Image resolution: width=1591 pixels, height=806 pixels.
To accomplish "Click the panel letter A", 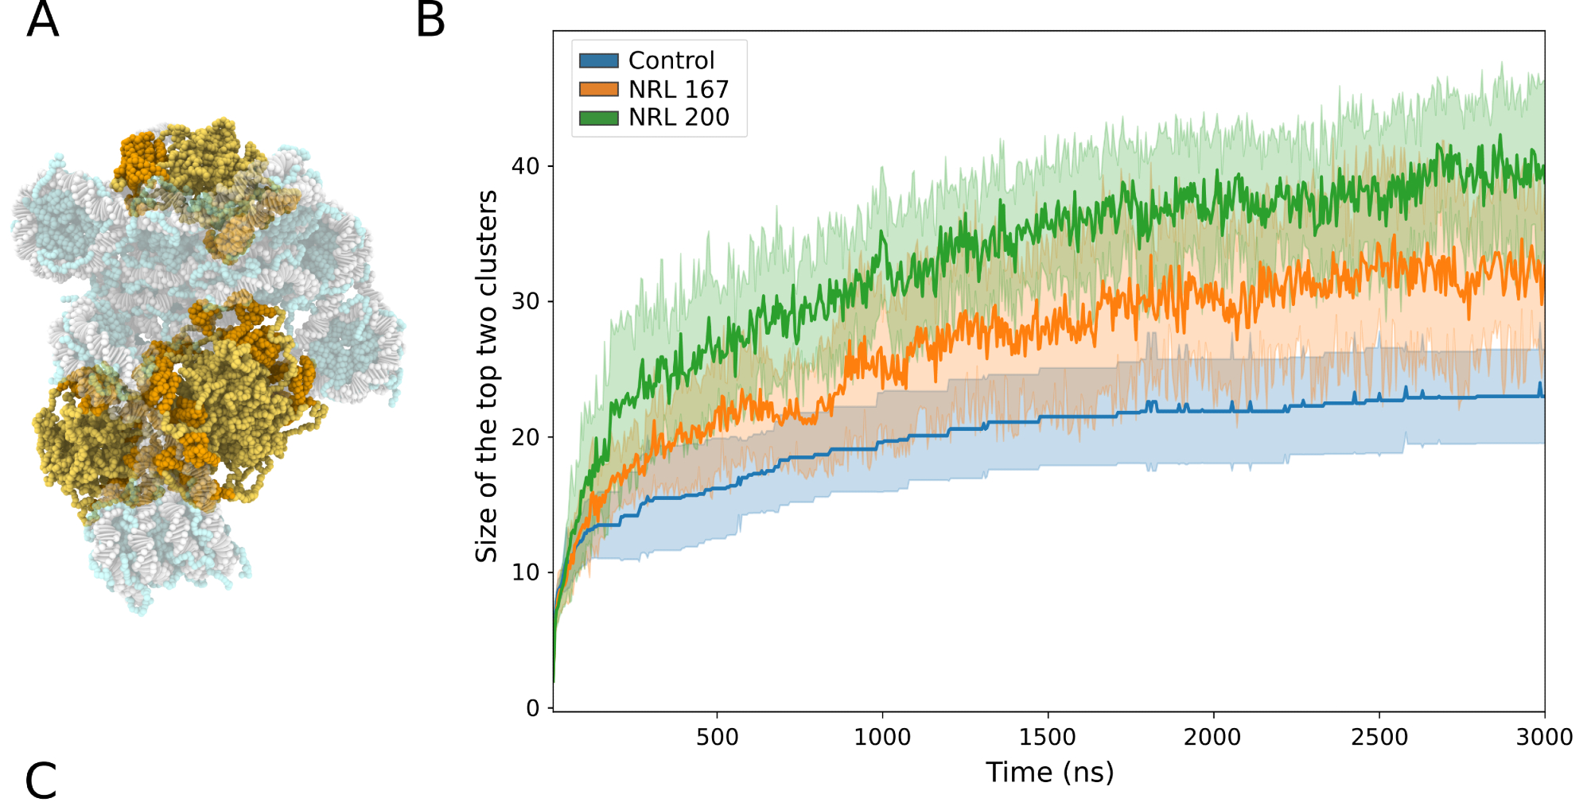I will point(42,20).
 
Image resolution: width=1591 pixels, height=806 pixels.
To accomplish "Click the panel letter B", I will point(430,20).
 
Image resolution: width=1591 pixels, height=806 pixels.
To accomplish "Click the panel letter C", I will point(41,781).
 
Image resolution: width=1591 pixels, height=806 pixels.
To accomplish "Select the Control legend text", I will point(671,60).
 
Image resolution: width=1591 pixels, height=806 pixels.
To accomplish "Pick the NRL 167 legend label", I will point(679,89).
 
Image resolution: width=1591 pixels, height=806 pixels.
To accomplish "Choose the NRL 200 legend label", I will point(679,118).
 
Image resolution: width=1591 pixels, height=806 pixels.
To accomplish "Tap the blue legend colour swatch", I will point(599,60).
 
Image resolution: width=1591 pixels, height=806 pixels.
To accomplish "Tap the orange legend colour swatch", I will point(599,89).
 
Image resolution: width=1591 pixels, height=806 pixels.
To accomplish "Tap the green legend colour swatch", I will point(599,118).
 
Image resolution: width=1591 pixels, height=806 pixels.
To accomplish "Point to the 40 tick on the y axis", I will point(525,166).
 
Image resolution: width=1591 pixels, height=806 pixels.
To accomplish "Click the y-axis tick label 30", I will point(525,301).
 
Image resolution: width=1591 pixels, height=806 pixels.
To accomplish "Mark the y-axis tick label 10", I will point(525,572).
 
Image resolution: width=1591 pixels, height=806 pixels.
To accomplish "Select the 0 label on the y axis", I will point(533,708).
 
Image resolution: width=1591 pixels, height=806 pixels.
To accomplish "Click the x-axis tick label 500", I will point(717,738).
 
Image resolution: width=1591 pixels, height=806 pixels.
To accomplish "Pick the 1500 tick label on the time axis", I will point(1047,738).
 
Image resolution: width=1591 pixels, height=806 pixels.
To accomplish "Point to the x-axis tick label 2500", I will point(1379,738).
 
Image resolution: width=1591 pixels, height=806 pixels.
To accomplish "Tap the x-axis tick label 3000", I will point(1544,738).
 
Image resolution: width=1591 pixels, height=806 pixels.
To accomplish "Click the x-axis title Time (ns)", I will point(1049,773).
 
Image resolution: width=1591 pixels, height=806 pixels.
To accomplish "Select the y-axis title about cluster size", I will point(486,376).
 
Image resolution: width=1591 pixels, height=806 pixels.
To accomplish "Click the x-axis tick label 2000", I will point(1212,738).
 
